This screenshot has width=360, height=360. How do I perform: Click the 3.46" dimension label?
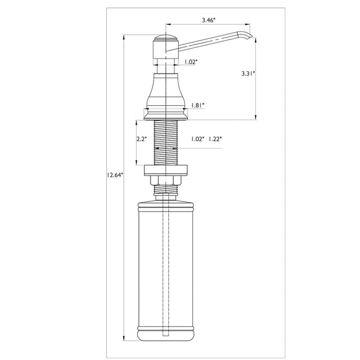pos(209,20)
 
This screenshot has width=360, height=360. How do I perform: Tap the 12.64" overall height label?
pos(115,175)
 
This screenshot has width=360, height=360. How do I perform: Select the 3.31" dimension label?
pos(248,74)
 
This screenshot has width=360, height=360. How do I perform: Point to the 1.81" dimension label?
pos(197,105)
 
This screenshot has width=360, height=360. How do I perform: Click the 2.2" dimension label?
pos(141,139)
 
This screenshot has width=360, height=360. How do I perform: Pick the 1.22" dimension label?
pos(215,139)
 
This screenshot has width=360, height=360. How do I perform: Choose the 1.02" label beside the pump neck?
pos(191,62)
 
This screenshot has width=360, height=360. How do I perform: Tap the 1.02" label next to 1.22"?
pos(197,139)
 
